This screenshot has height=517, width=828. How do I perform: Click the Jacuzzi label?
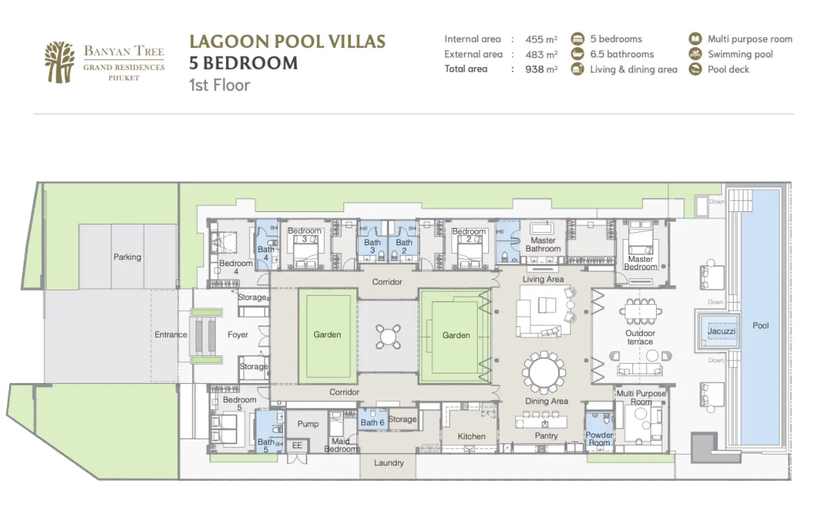pyautogui.click(x=721, y=331)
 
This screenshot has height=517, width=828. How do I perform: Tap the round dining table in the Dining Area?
pyautogui.click(x=544, y=372)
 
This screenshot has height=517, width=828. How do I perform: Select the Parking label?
pyautogui.click(x=127, y=257)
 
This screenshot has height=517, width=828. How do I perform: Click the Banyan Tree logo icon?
pyautogui.click(x=60, y=62)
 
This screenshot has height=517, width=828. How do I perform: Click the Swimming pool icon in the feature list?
pyautogui.click(x=695, y=54)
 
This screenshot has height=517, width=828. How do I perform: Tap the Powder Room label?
pyautogui.click(x=599, y=439)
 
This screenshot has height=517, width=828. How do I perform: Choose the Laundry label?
pyautogui.click(x=389, y=463)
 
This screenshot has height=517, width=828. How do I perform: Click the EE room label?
pyautogui.click(x=297, y=445)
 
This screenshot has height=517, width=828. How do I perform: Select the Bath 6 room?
pyautogui.click(x=373, y=419)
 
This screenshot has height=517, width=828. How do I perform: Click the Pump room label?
pyautogui.click(x=308, y=424)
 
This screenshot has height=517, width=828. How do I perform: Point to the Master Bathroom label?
pyautogui.click(x=543, y=245)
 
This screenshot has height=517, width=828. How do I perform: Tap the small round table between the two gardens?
pyautogui.click(x=388, y=337)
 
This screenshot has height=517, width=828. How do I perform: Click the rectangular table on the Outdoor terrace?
pyautogui.click(x=641, y=311)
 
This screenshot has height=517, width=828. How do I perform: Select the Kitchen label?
pyautogui.click(x=471, y=437)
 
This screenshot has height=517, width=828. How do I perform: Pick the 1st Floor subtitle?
pyautogui.click(x=220, y=85)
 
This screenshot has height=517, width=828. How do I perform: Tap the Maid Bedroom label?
pyautogui.click(x=341, y=445)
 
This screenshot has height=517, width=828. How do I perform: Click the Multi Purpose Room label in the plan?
pyautogui.click(x=641, y=398)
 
